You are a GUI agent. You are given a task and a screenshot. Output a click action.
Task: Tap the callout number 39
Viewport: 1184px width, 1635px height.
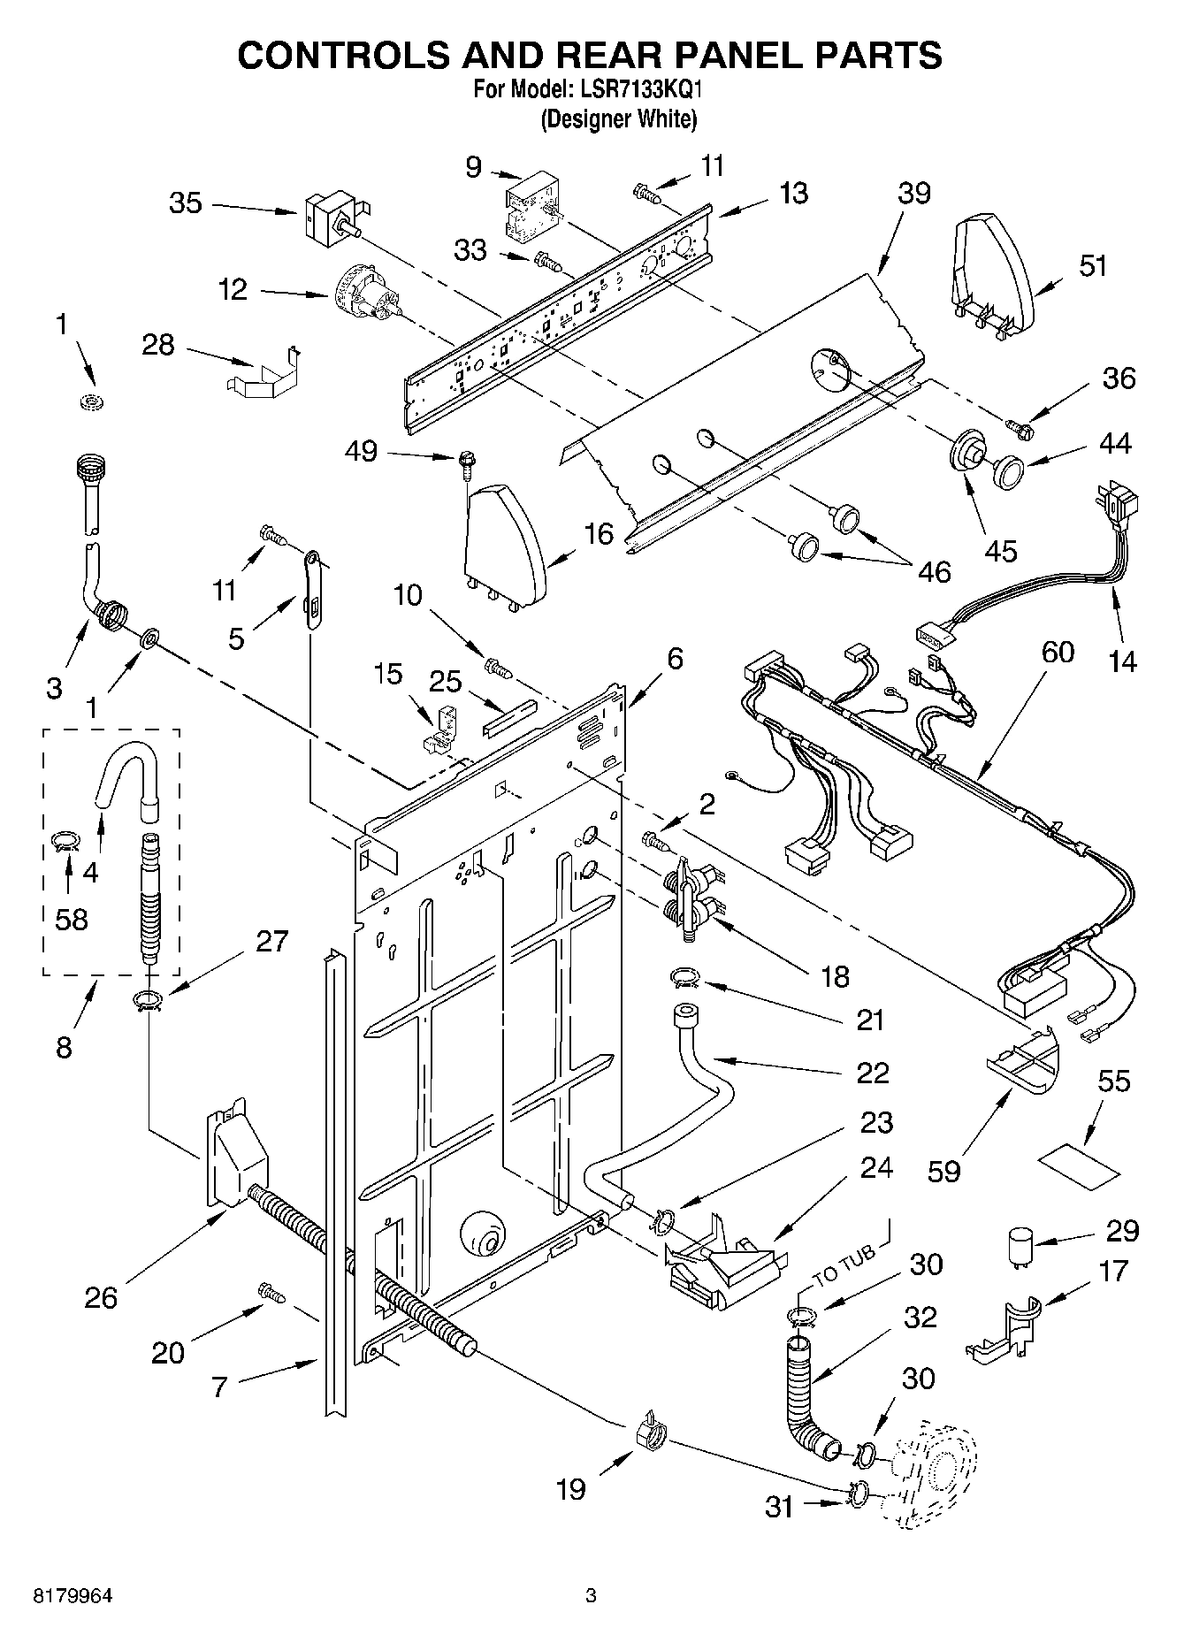(913, 194)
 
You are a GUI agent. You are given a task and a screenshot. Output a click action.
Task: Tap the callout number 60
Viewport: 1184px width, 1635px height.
(1058, 653)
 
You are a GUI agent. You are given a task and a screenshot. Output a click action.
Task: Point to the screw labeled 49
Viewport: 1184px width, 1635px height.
(465, 462)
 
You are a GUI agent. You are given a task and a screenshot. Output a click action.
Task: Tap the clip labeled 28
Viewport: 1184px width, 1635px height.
(264, 373)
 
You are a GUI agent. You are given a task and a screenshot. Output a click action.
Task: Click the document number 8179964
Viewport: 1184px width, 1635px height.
(73, 1596)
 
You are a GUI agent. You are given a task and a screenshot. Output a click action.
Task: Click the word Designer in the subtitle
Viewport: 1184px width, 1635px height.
(585, 118)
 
